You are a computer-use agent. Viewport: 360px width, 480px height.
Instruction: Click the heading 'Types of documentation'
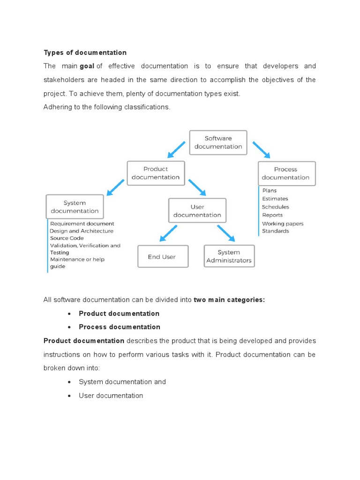85,52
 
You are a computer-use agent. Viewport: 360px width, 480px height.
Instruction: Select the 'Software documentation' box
218,142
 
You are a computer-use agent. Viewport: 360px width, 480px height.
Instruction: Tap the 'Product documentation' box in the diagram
156,173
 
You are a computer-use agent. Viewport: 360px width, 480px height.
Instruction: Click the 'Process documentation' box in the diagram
286,173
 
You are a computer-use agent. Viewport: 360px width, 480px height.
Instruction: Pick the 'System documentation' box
75,207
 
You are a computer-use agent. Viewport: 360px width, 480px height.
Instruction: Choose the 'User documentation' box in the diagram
197,210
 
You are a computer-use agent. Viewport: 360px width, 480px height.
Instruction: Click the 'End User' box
163,256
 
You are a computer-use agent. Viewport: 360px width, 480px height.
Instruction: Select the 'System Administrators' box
229,256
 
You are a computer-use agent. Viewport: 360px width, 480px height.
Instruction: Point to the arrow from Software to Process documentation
261,150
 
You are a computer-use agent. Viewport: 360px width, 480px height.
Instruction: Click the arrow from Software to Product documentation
177,149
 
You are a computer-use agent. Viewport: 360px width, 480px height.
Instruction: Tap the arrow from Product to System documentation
115,187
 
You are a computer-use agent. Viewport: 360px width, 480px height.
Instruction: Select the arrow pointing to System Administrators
226,233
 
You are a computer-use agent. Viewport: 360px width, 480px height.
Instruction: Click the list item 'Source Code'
67,238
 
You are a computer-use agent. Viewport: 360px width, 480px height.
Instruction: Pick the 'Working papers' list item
283,224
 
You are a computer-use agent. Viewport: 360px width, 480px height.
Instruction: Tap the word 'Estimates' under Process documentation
275,199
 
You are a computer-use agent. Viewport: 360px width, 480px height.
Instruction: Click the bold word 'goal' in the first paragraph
87,66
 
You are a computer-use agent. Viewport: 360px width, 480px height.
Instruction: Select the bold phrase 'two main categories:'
229,300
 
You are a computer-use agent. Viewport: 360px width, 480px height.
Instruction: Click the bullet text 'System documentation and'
122,382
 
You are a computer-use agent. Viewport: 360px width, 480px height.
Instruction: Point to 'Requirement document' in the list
82,224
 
